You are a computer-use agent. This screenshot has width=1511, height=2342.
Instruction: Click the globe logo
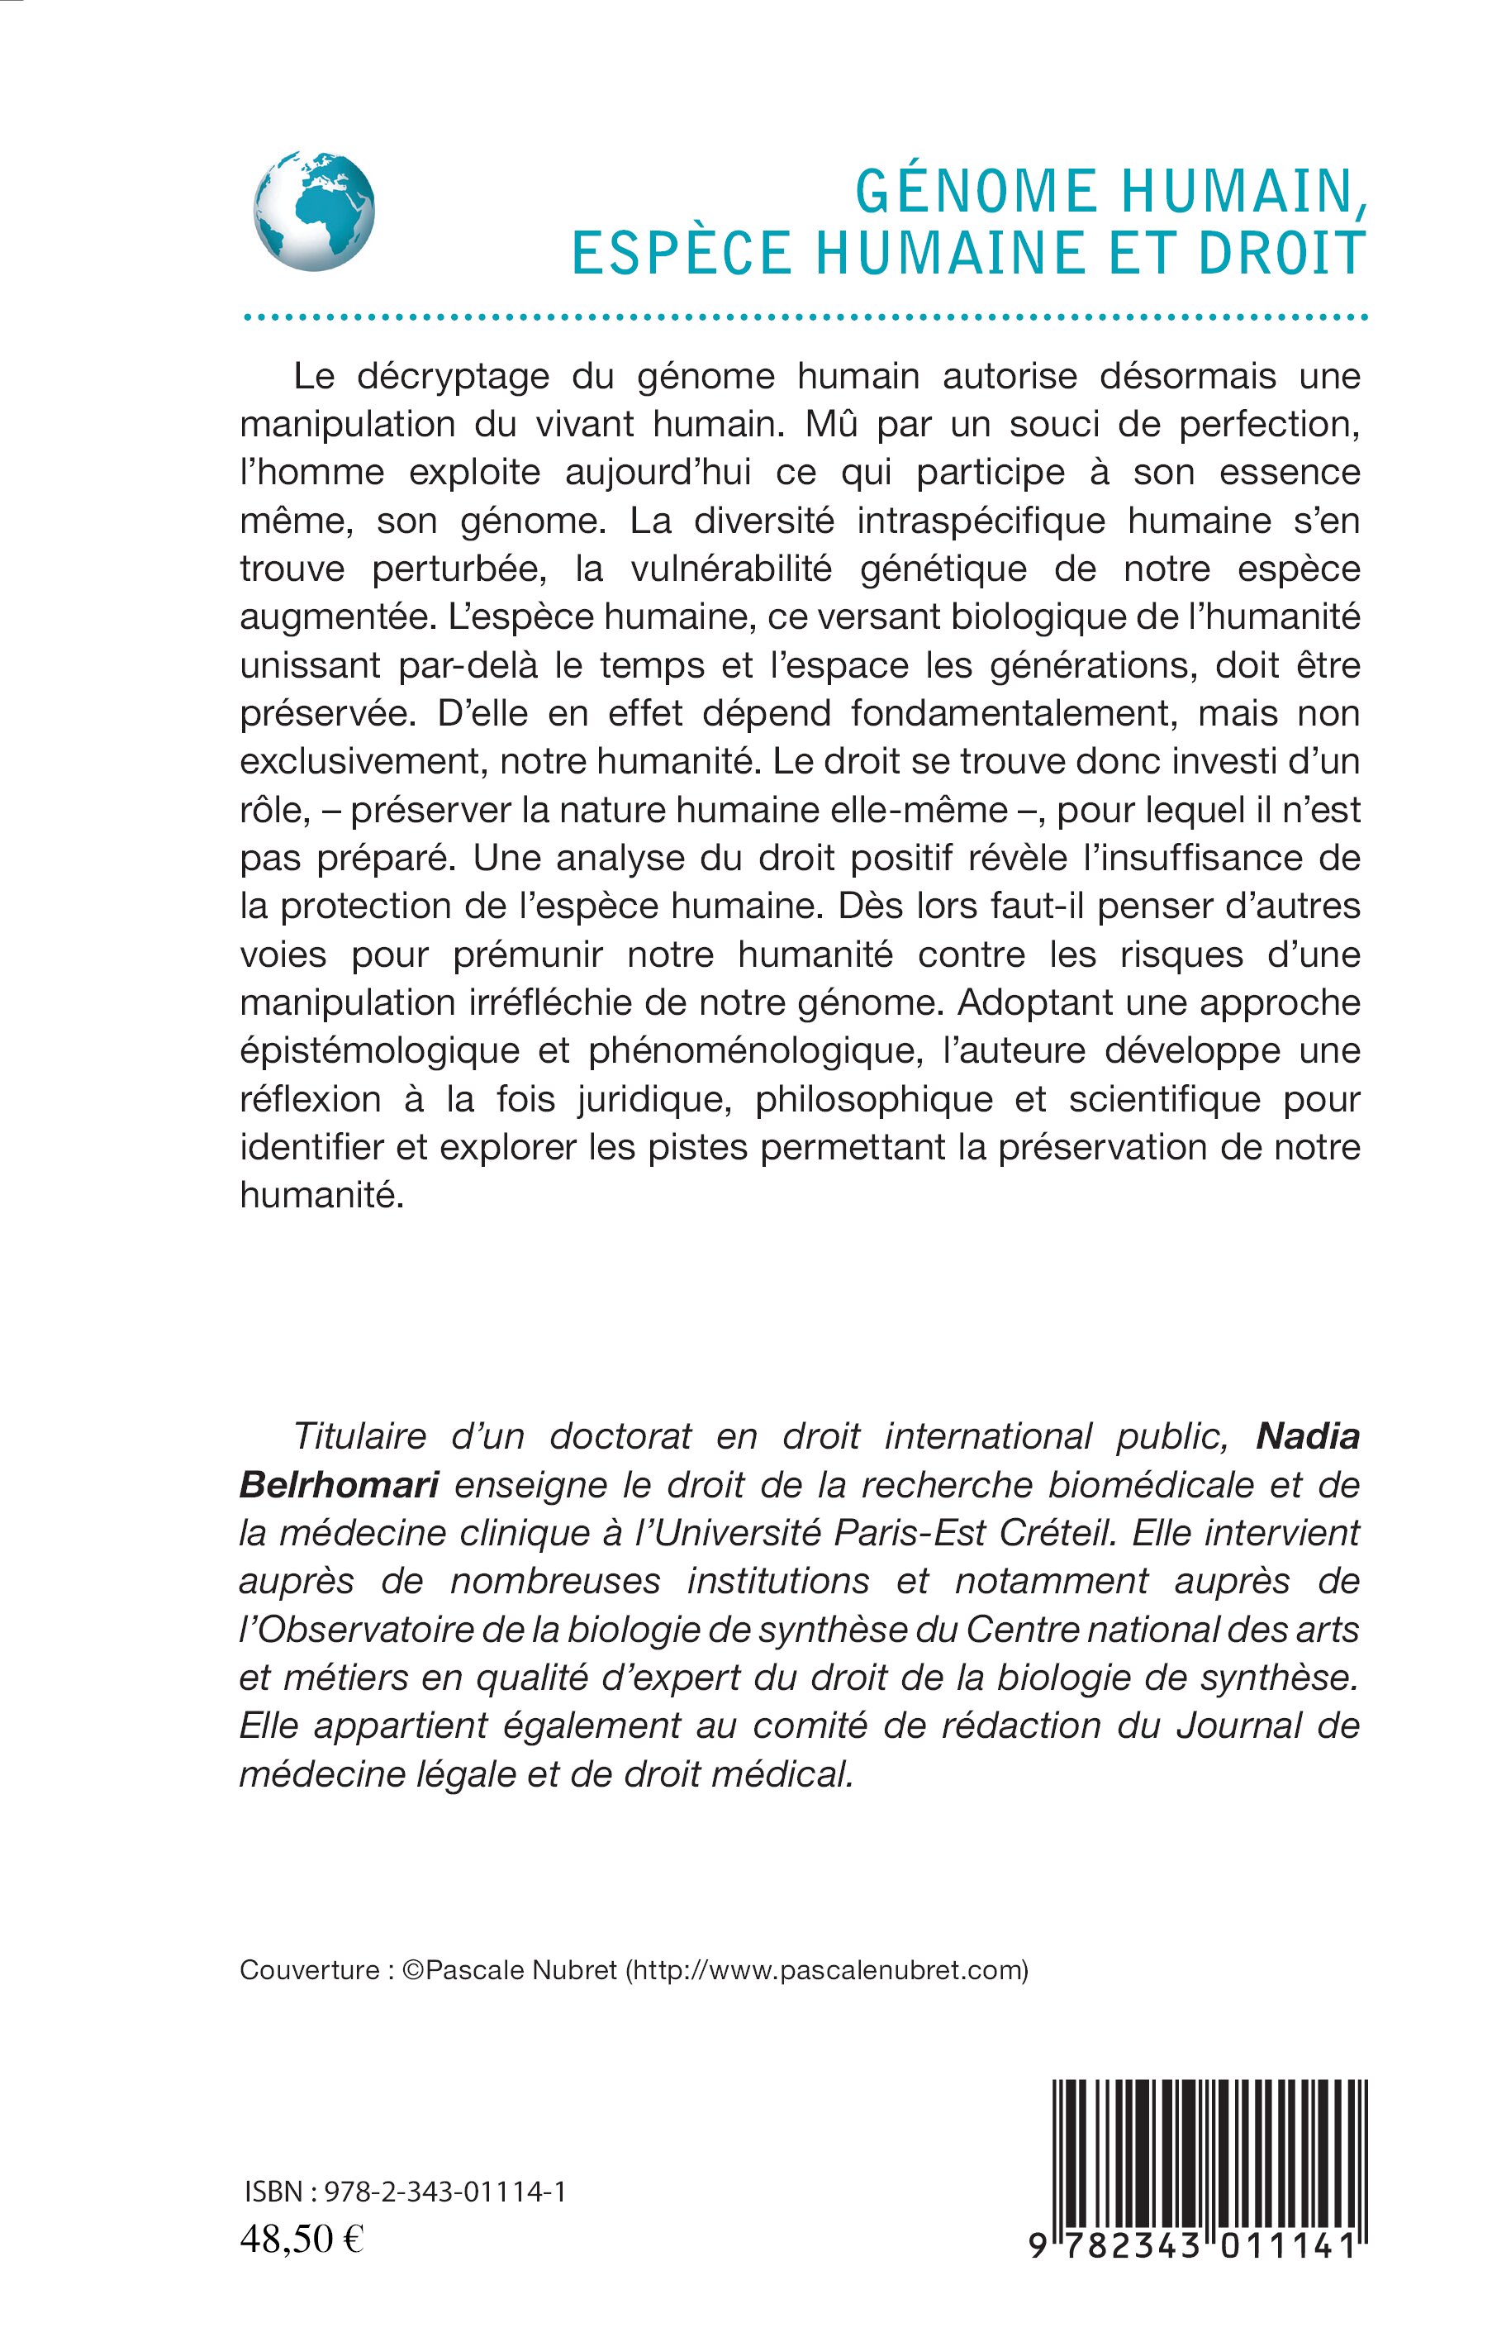[x=314, y=210]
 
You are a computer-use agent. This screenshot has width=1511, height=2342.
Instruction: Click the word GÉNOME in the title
[x=976, y=192]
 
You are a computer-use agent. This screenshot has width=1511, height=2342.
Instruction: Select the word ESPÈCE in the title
[x=682, y=253]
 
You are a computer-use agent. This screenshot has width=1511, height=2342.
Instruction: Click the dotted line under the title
[x=805, y=318]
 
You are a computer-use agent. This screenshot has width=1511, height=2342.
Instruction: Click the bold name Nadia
[x=1308, y=1436]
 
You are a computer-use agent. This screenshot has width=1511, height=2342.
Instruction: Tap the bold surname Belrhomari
[x=339, y=1484]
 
